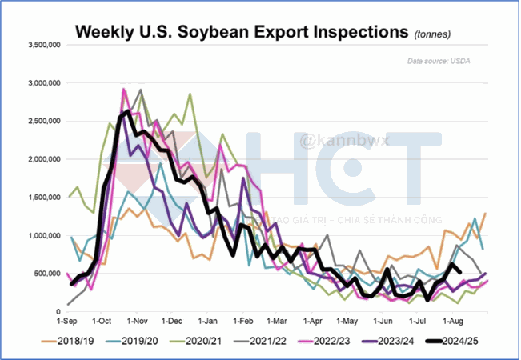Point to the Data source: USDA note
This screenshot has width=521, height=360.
(439, 62)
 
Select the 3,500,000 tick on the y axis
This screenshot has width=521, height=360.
(46, 45)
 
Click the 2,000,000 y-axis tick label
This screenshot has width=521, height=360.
(46, 159)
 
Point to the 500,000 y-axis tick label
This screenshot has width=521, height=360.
(50, 274)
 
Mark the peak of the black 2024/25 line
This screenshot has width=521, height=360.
(129, 111)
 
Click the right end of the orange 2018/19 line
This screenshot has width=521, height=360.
(486, 213)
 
